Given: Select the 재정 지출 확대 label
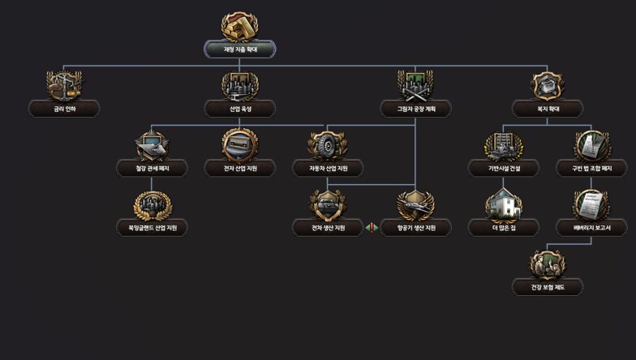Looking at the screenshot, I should click(239, 49).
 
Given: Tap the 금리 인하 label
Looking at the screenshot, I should click(64, 109).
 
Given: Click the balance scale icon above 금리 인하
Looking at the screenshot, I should click(64, 85).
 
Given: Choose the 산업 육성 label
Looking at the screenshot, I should click(239, 109).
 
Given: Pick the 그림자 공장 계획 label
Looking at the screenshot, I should click(415, 109).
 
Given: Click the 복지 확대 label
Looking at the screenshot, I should click(547, 109).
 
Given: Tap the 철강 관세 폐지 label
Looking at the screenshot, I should click(152, 169).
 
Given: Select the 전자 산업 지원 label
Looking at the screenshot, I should click(239, 169).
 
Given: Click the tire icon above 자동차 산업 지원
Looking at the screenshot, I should click(327, 145).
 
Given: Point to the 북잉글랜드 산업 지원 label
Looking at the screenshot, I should click(152, 228).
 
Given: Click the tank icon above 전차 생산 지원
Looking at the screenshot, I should click(327, 204).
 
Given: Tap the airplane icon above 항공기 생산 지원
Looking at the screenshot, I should click(415, 204).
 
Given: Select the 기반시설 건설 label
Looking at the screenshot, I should click(503, 169).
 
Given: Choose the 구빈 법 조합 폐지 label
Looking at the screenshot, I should click(591, 169).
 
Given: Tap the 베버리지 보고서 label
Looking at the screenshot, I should click(591, 228).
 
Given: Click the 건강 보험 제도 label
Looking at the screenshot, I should click(547, 287).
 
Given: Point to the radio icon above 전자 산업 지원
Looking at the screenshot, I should click(239, 145).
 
